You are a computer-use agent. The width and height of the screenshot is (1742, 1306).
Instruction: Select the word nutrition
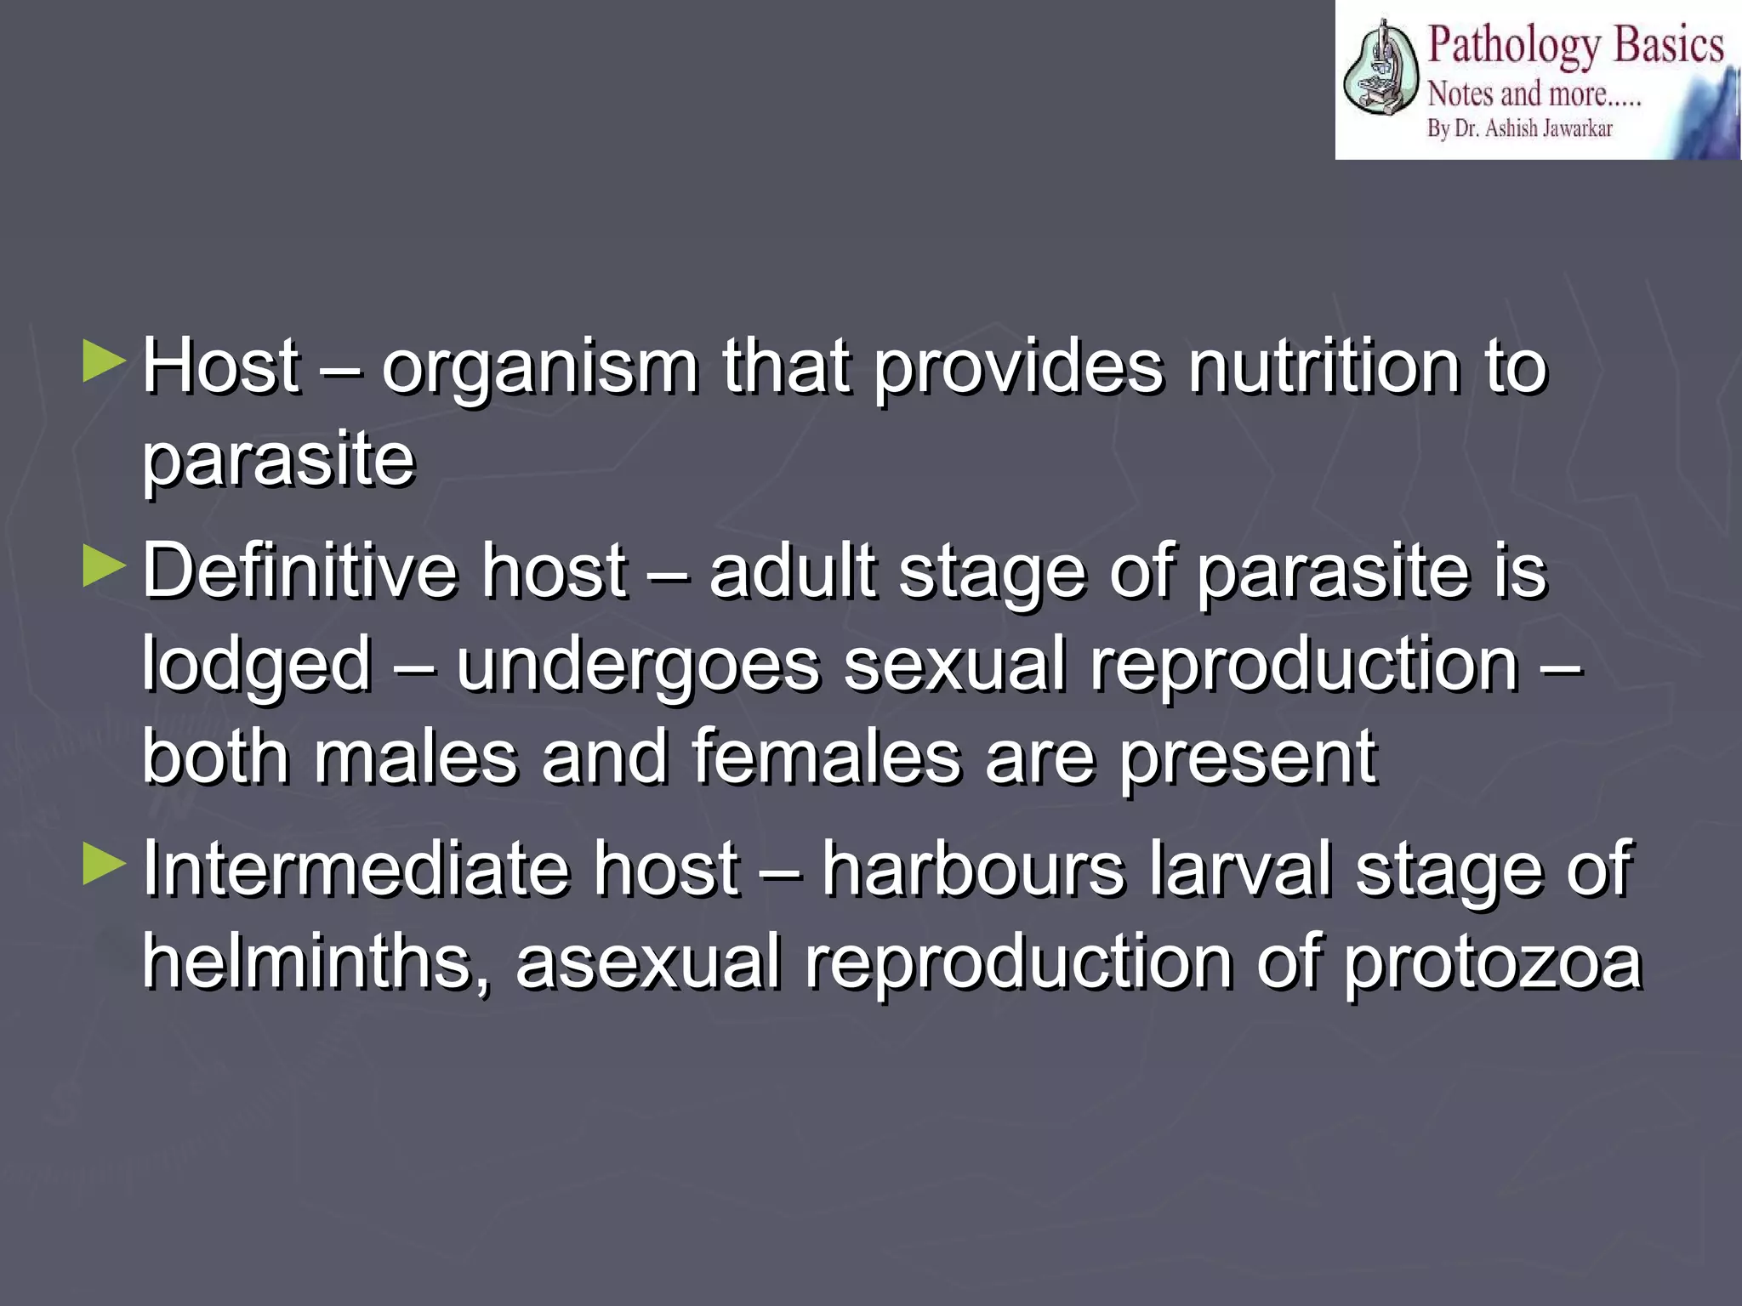[1324, 367]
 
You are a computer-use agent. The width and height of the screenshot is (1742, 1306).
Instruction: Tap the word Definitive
[299, 571]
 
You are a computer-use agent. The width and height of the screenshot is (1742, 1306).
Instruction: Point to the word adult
[792, 571]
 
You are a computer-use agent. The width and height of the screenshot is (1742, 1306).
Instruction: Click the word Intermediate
[355, 869]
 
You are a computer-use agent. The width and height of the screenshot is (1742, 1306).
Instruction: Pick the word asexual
[647, 962]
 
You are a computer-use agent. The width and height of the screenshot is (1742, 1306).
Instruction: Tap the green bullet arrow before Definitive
[104, 566]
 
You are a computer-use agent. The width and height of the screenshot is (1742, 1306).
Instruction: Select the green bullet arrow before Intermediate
[104, 864]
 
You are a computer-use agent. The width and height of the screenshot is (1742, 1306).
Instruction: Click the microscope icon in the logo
[1380, 70]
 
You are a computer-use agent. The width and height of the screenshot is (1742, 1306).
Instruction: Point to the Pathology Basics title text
[1574, 44]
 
